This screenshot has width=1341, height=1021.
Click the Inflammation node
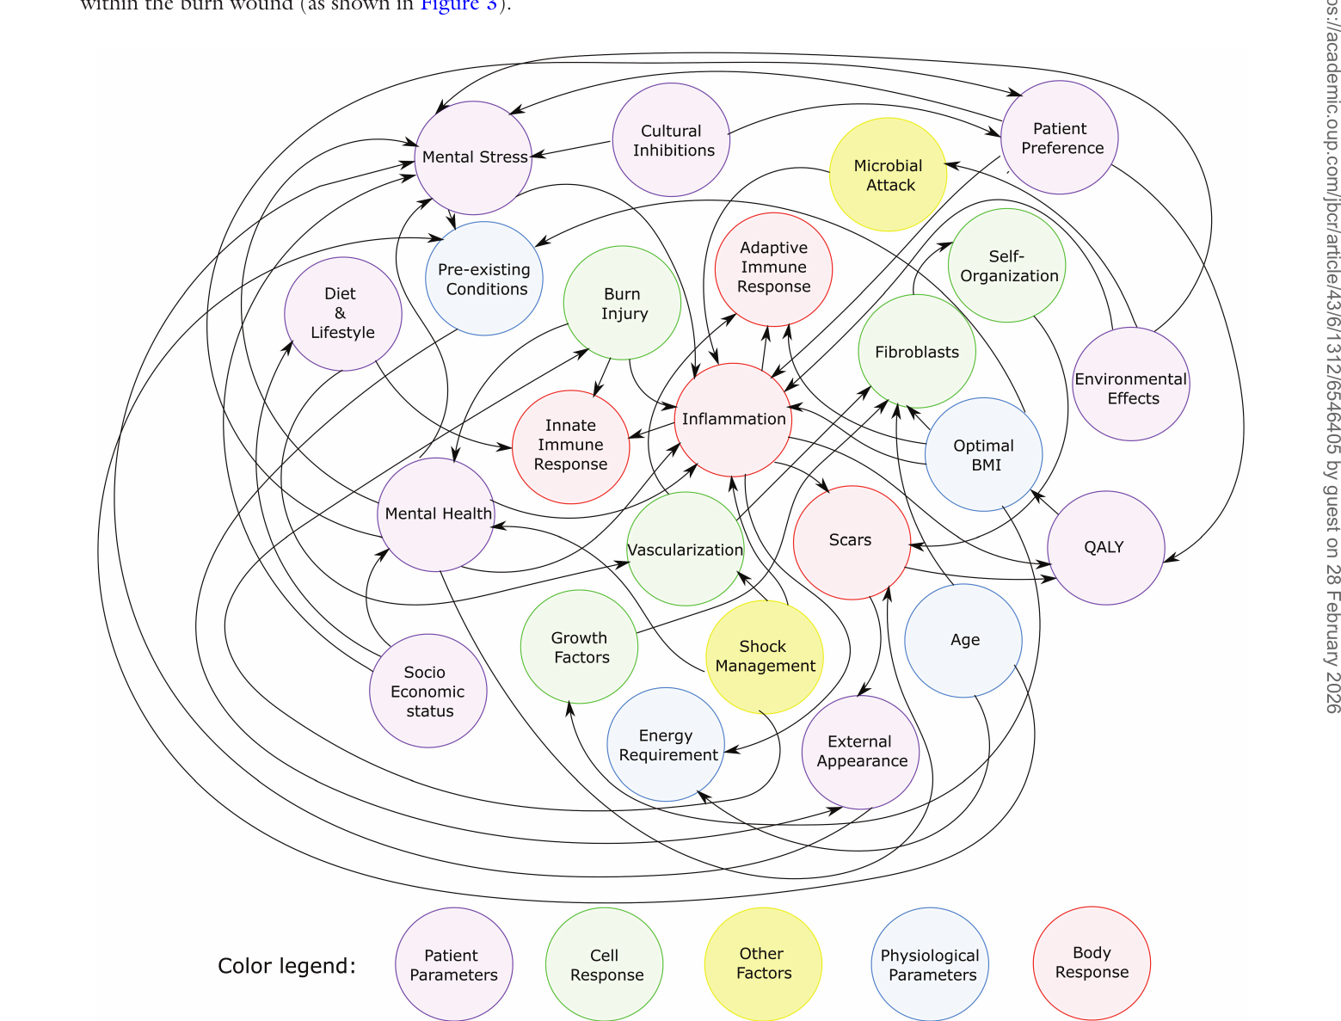(x=734, y=419)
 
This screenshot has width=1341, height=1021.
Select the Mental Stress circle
(x=474, y=157)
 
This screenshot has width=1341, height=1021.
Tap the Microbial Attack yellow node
(x=889, y=175)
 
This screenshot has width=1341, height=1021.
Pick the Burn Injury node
(x=622, y=303)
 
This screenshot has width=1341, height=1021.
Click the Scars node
(x=852, y=542)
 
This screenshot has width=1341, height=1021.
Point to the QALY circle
(x=1105, y=547)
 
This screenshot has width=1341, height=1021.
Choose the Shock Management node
(x=764, y=656)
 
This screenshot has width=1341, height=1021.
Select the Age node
(x=963, y=641)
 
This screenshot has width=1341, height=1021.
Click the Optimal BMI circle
(x=984, y=454)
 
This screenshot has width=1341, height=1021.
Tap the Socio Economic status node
(x=428, y=692)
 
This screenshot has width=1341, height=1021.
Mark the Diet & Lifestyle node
(x=342, y=313)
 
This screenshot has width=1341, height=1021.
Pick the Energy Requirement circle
(x=667, y=745)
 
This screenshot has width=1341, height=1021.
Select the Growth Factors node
(x=580, y=648)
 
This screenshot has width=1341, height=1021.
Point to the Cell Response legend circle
(x=605, y=965)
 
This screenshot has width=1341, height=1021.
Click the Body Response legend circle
(x=1092, y=963)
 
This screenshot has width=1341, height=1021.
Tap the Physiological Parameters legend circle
(x=930, y=965)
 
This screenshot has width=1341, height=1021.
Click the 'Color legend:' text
(x=286, y=966)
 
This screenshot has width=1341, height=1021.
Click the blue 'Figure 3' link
(x=458, y=5)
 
